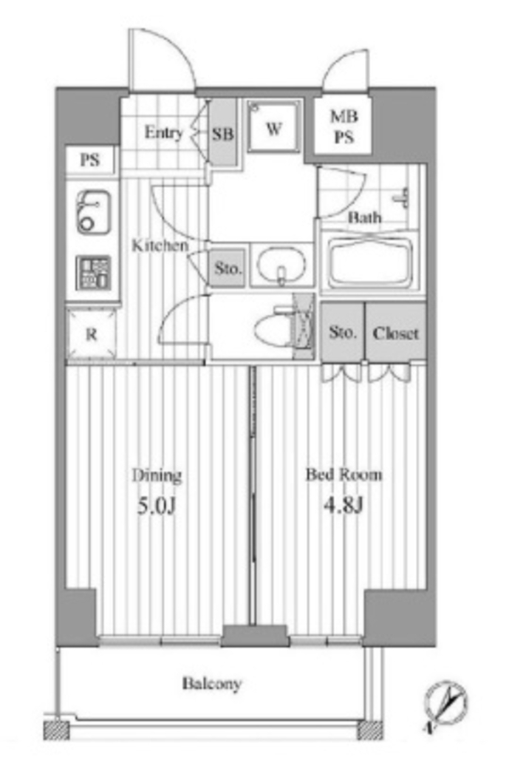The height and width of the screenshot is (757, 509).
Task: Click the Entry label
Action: coord(164,132)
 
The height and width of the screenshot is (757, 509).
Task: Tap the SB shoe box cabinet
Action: coord(223,133)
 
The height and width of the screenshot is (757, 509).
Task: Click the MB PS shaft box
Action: coord(344,126)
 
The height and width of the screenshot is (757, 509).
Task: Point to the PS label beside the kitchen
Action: coord(91,160)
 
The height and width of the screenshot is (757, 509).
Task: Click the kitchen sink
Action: coord(94,212)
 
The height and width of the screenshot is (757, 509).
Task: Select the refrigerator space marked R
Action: coord(92,333)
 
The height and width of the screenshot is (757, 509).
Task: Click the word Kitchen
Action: coord(160,245)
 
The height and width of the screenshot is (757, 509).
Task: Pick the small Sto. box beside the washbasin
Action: coord(228,268)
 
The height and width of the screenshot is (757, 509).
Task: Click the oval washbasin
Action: coord(281,265)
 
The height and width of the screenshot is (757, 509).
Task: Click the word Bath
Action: coord(364,218)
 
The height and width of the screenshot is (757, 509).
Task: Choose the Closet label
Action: coord(396,333)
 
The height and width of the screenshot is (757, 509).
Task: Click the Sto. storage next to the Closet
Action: coord(343,332)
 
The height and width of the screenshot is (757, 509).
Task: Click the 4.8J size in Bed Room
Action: coord(343,506)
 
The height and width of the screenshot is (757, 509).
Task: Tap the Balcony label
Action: coord(212,684)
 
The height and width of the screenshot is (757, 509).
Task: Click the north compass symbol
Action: coord(445,705)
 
